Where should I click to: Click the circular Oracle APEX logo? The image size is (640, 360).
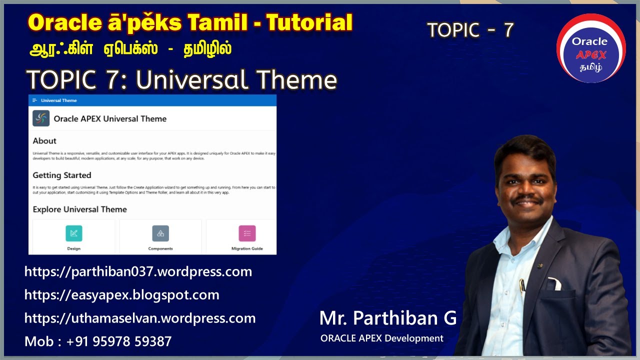[590, 48]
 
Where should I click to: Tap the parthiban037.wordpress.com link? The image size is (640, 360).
[138, 272]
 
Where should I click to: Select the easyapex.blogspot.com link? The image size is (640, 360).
[122, 295]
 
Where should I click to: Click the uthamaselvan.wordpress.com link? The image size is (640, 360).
[140, 318]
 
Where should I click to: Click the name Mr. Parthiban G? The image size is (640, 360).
[387, 318]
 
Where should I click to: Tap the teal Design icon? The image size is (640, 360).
[74, 233]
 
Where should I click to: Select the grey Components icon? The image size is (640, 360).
[160, 233]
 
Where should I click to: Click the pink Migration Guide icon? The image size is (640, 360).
[247, 233]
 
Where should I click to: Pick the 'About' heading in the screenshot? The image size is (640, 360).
[44, 141]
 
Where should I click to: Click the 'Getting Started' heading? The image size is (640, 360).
[62, 175]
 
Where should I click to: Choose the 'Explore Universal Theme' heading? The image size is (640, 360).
[80, 209]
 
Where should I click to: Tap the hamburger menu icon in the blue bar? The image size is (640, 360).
[34, 100]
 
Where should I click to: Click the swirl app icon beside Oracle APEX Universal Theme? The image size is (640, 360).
[41, 118]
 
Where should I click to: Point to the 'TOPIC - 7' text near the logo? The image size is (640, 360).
[470, 30]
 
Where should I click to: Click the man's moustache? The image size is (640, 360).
[528, 198]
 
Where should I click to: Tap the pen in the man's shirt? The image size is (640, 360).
[523, 286]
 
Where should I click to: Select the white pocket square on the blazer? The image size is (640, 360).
[554, 284]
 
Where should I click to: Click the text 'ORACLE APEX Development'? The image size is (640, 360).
[382, 338]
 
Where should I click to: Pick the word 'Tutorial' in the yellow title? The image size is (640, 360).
[309, 23]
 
